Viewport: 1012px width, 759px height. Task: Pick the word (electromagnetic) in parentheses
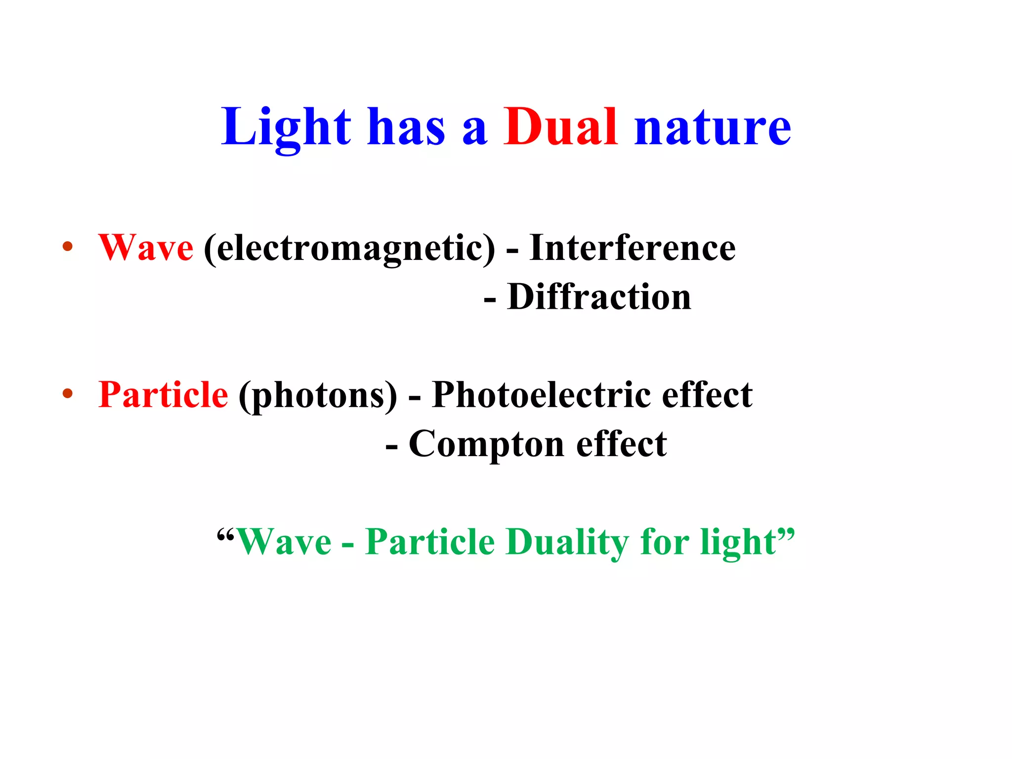point(349,248)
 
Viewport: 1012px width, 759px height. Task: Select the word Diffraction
point(599,297)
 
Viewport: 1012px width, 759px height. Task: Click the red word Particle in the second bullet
point(163,395)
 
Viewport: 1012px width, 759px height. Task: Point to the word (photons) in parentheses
point(318,396)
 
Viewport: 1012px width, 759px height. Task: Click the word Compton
point(487,444)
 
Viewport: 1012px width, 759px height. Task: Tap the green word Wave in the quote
point(284,542)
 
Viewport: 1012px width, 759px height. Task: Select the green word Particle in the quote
point(430,542)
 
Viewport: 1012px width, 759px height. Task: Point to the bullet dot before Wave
point(68,247)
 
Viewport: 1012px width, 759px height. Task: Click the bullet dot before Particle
point(68,394)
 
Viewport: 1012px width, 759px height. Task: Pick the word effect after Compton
point(622,444)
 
